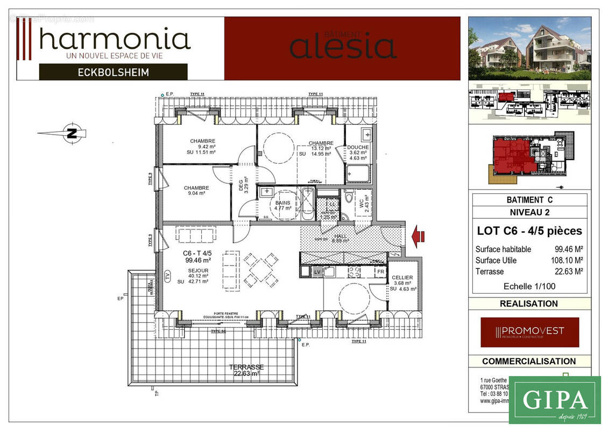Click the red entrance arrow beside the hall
coord(418,236)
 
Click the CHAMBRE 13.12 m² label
coord(321,147)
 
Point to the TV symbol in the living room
coord(167,275)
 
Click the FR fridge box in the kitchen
coord(380,272)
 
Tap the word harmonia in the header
coord(115,40)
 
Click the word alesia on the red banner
coord(343,47)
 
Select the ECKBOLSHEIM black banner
coord(113,72)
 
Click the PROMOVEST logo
coord(529,332)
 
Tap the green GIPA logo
coord(554,400)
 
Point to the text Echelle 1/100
coord(529,286)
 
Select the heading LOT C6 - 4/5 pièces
coord(529,231)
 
